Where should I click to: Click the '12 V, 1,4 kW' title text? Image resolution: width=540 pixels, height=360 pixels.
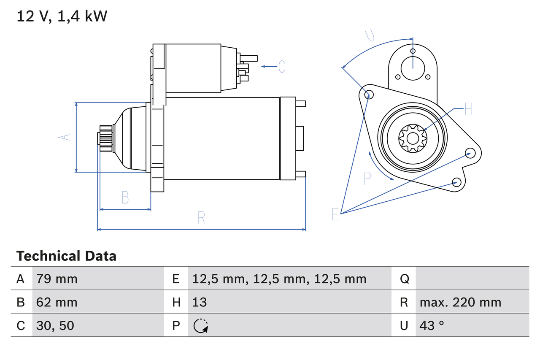pyautogui.click(x=62, y=16)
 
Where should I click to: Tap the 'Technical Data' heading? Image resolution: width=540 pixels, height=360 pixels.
pyautogui.click(x=66, y=256)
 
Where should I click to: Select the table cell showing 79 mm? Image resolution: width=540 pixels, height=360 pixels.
pyautogui.click(x=57, y=279)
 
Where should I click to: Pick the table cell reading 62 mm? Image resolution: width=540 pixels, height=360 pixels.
pyautogui.click(x=57, y=302)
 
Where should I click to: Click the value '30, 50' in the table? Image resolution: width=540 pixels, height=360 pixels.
pyautogui.click(x=55, y=325)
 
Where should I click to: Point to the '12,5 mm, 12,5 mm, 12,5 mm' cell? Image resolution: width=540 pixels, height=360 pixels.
pyautogui.click(x=279, y=279)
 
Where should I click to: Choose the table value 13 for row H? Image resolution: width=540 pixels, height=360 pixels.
pyautogui.click(x=200, y=302)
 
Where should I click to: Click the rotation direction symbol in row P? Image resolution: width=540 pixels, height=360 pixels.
pyautogui.click(x=200, y=325)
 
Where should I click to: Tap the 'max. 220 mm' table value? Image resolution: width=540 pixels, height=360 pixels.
pyautogui.click(x=460, y=302)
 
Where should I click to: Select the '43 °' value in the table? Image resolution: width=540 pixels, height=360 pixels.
pyautogui.click(x=432, y=325)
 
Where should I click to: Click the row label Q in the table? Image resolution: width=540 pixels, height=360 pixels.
pyautogui.click(x=404, y=279)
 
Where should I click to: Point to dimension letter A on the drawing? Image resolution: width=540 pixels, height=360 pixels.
pyautogui.click(x=65, y=137)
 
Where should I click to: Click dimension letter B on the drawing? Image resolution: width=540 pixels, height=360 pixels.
pyautogui.click(x=125, y=197)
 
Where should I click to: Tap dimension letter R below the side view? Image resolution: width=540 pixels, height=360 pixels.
pyautogui.click(x=201, y=217)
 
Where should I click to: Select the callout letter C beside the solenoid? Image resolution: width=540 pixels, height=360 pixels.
pyautogui.click(x=282, y=66)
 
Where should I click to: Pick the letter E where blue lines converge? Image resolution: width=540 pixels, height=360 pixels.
pyautogui.click(x=335, y=214)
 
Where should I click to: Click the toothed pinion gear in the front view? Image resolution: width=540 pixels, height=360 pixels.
pyautogui.click(x=413, y=138)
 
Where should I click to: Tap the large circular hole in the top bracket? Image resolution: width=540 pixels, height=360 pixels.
pyautogui.click(x=412, y=68)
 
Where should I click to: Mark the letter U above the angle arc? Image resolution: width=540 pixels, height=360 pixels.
pyautogui.click(x=370, y=35)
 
